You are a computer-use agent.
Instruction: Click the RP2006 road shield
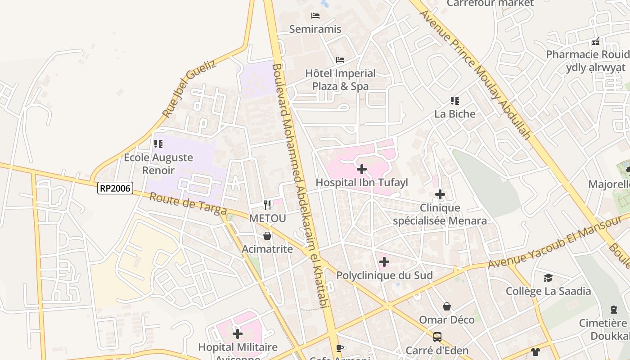click(x=115, y=188)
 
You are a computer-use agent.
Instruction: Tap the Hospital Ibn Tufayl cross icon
click(x=361, y=169)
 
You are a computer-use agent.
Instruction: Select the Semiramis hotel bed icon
click(x=315, y=16)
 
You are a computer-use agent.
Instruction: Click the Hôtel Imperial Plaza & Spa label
click(x=340, y=80)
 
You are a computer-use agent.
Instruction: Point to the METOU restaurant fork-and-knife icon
click(x=267, y=205)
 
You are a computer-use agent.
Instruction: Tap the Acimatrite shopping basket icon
click(x=267, y=236)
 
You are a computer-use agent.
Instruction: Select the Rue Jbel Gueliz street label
click(x=189, y=88)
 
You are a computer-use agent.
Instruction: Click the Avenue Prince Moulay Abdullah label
click(x=475, y=74)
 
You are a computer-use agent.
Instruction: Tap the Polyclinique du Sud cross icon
click(x=384, y=262)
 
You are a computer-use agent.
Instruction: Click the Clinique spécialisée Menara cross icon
click(x=440, y=194)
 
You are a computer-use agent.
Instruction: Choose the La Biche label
click(x=455, y=114)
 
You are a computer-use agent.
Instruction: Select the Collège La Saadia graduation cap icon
click(x=548, y=278)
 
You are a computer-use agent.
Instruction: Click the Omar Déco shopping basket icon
click(x=447, y=306)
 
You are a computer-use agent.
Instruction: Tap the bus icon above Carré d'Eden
click(x=437, y=337)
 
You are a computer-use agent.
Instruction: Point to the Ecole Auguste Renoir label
click(x=158, y=164)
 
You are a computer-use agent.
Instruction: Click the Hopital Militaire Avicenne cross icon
click(x=238, y=334)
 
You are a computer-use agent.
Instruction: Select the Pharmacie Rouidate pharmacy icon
click(x=596, y=41)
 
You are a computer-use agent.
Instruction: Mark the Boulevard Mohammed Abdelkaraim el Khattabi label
click(x=299, y=184)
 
